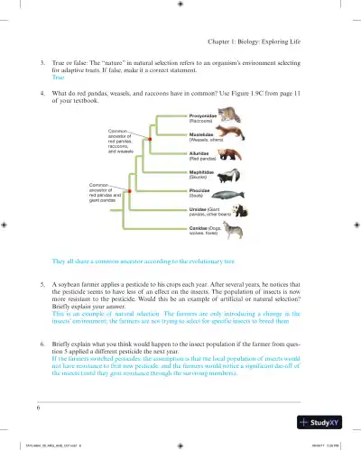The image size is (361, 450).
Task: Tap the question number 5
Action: (x=43, y=283)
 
